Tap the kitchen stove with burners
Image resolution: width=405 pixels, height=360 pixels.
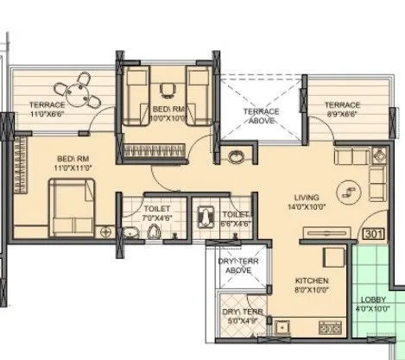332,328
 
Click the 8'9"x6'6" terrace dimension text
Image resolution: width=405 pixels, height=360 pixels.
342,114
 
